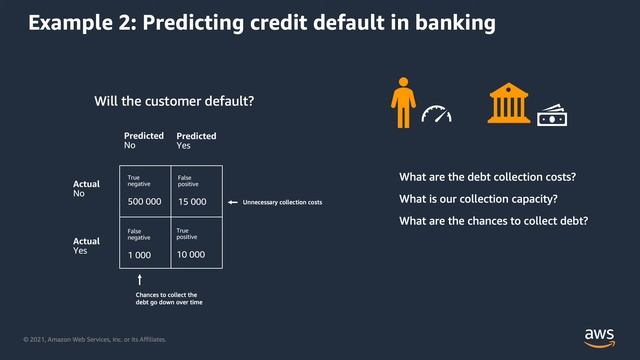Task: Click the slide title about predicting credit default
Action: click(x=261, y=22)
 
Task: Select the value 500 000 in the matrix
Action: click(x=146, y=202)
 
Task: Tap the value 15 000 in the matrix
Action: click(x=192, y=202)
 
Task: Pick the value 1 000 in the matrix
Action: click(x=140, y=254)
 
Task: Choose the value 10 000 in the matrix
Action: click(x=191, y=254)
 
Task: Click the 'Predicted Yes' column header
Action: click(x=196, y=140)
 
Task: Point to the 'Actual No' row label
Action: click(x=87, y=189)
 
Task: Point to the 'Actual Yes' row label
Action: click(x=87, y=245)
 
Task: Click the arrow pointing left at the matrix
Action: click(x=233, y=203)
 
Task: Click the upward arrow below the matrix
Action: click(x=140, y=280)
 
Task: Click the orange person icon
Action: click(x=402, y=103)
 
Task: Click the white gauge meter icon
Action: click(x=436, y=113)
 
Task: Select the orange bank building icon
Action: click(x=509, y=104)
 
